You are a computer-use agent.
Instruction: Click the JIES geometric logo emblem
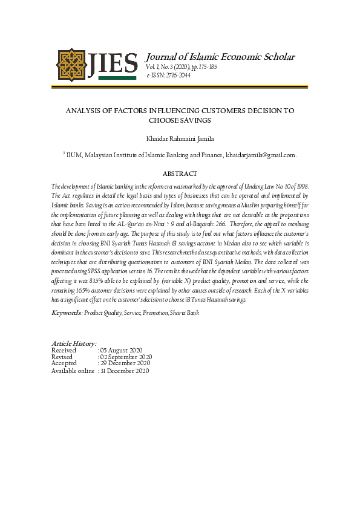71,64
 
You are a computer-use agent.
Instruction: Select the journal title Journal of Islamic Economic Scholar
221,57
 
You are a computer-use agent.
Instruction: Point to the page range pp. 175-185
202,67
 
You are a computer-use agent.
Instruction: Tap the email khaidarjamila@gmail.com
261,155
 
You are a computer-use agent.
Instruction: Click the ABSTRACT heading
180,173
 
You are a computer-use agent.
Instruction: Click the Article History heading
74,343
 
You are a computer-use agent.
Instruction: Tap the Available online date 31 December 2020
126,371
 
